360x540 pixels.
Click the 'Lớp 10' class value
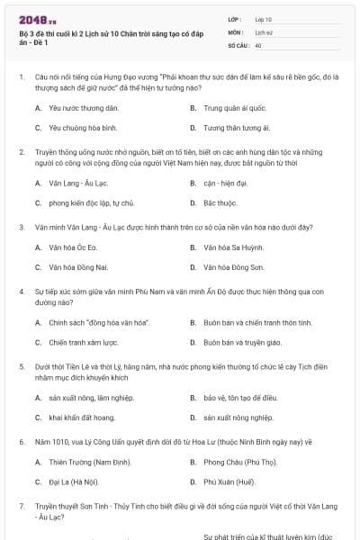(262, 19)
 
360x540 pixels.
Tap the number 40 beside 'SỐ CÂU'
(258, 44)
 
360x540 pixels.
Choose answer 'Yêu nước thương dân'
(79, 107)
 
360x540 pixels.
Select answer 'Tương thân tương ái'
(236, 128)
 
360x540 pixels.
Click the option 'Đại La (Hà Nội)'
(76, 481)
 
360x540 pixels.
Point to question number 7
(22, 507)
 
